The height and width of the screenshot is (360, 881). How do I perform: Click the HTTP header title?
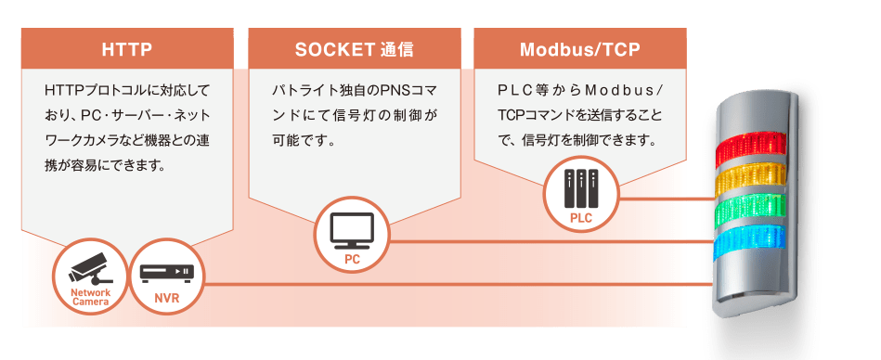(x=126, y=48)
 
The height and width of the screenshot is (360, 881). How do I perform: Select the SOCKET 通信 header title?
(x=355, y=48)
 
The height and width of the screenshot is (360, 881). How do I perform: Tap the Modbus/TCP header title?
(x=580, y=48)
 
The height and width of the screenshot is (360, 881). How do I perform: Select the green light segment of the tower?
(x=750, y=208)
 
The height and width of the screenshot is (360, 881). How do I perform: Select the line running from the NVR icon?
(x=455, y=284)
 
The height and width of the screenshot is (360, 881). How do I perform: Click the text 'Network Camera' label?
(x=91, y=296)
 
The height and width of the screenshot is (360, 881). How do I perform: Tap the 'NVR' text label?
(x=167, y=299)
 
